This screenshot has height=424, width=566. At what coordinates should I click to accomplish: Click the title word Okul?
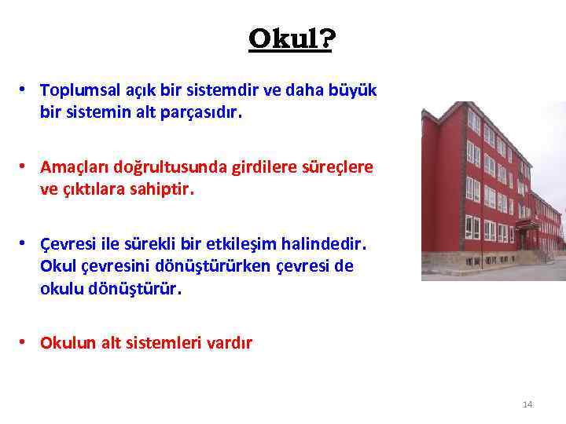point(290,38)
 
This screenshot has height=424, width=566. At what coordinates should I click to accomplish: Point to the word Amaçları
point(73,167)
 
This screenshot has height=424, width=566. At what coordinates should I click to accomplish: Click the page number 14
point(527,404)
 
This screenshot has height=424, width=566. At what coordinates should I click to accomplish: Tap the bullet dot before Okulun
point(26,342)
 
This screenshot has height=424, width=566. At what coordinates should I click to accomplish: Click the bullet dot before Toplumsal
point(26,90)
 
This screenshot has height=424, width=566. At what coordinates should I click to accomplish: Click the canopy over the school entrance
point(527,225)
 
